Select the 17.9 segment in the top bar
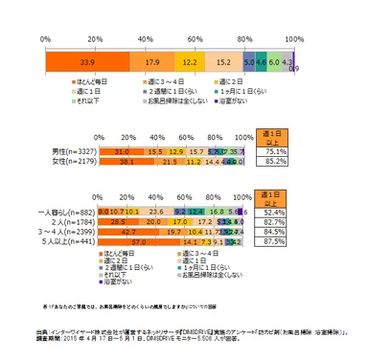point(151,59)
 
